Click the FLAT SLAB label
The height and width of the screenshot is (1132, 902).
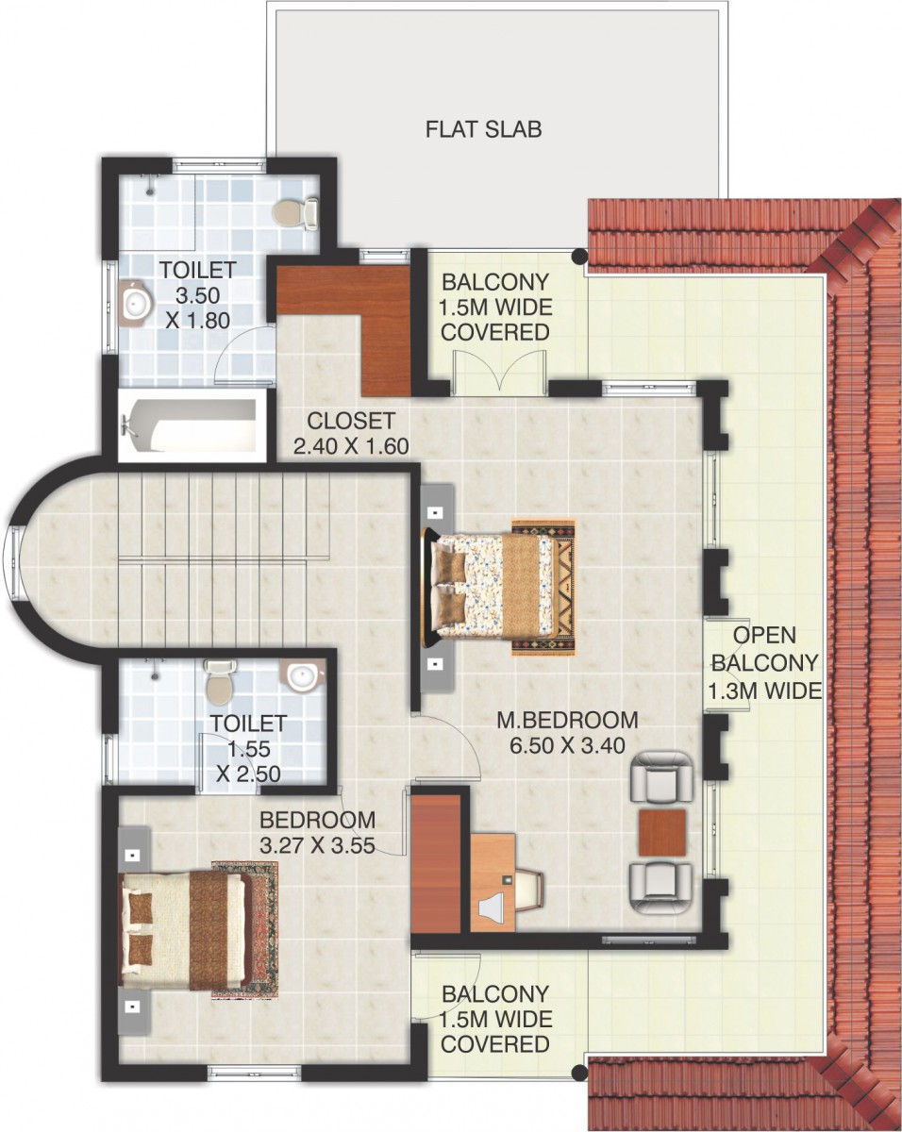click(x=483, y=129)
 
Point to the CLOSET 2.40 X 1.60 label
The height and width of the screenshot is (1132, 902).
click(x=351, y=433)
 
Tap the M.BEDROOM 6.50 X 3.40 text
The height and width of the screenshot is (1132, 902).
click(x=567, y=732)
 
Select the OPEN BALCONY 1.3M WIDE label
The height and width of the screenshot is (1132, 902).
click(x=764, y=663)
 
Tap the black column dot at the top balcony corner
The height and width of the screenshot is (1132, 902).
click(x=579, y=257)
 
